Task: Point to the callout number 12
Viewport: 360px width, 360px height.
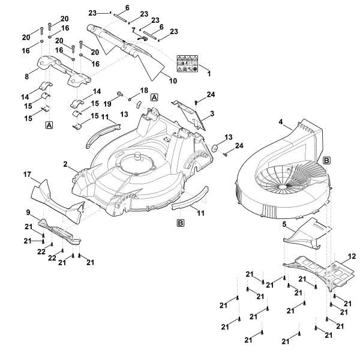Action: [x=352, y=256]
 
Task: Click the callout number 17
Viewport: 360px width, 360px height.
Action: [x=28, y=175]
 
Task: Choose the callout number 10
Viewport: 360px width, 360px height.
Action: [x=157, y=79]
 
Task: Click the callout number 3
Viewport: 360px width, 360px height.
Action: [x=212, y=113]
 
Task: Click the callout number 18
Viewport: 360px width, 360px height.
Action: [x=143, y=90]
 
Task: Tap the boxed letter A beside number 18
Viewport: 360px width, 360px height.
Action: [x=154, y=97]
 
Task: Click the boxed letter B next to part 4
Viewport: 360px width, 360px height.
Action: [x=326, y=160]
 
